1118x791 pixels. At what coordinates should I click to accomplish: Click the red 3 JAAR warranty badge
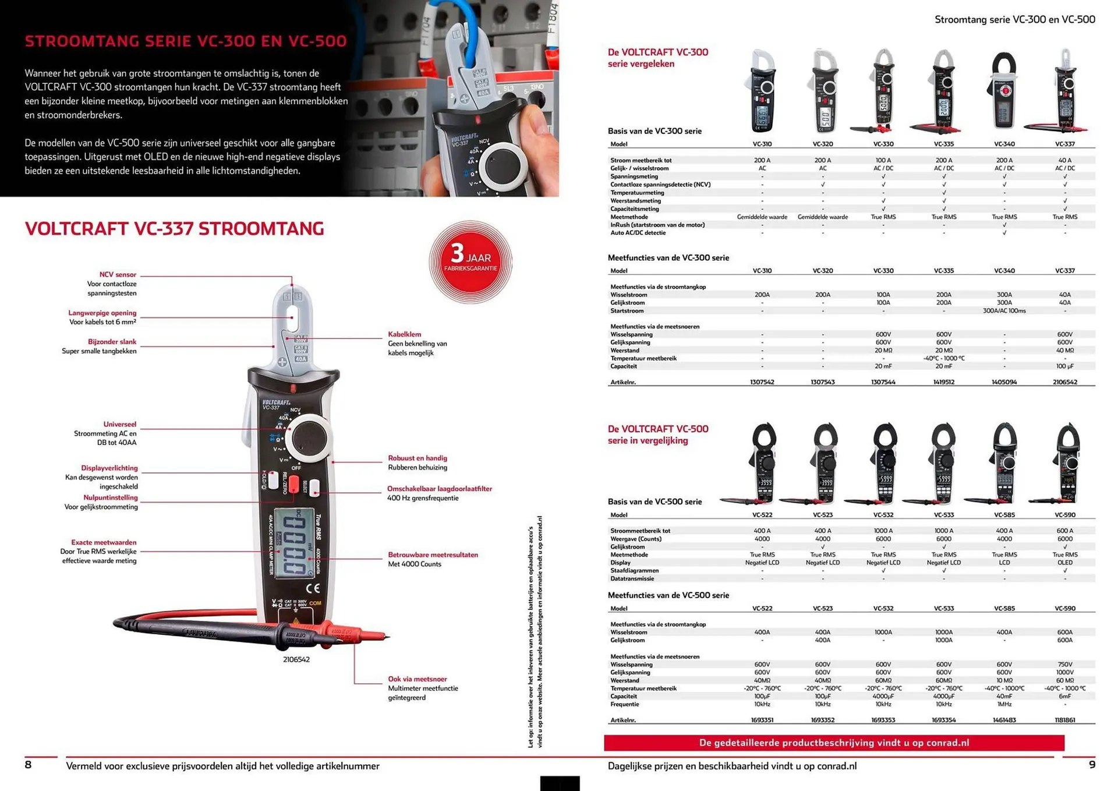tap(470, 262)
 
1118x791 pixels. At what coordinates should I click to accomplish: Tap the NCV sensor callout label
tap(118, 275)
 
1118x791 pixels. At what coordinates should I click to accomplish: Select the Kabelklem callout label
tap(405, 334)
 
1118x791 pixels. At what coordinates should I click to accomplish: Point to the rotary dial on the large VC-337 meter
tap(309, 437)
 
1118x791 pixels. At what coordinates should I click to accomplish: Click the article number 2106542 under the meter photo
tap(296, 659)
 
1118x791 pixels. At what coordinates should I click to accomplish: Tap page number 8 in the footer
tap(28, 765)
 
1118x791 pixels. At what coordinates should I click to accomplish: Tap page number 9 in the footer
tap(1092, 765)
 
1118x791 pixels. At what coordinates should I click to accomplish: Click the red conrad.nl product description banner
tap(834, 743)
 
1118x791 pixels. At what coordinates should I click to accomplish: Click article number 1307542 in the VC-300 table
tap(762, 382)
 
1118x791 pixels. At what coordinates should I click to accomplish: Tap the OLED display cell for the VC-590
tap(1065, 563)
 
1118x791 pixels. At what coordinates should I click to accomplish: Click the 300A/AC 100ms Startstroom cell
tap(1004, 311)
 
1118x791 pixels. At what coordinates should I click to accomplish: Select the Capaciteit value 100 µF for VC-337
tap(1065, 366)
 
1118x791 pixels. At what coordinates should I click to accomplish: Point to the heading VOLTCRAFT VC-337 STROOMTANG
tap(174, 229)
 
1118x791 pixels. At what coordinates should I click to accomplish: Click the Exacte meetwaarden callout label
tap(104, 542)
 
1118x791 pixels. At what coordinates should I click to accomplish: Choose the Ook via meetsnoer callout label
tap(418, 679)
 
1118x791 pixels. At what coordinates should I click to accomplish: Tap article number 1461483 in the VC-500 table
tap(1004, 720)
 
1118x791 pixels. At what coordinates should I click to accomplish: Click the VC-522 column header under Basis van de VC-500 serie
tap(762, 515)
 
